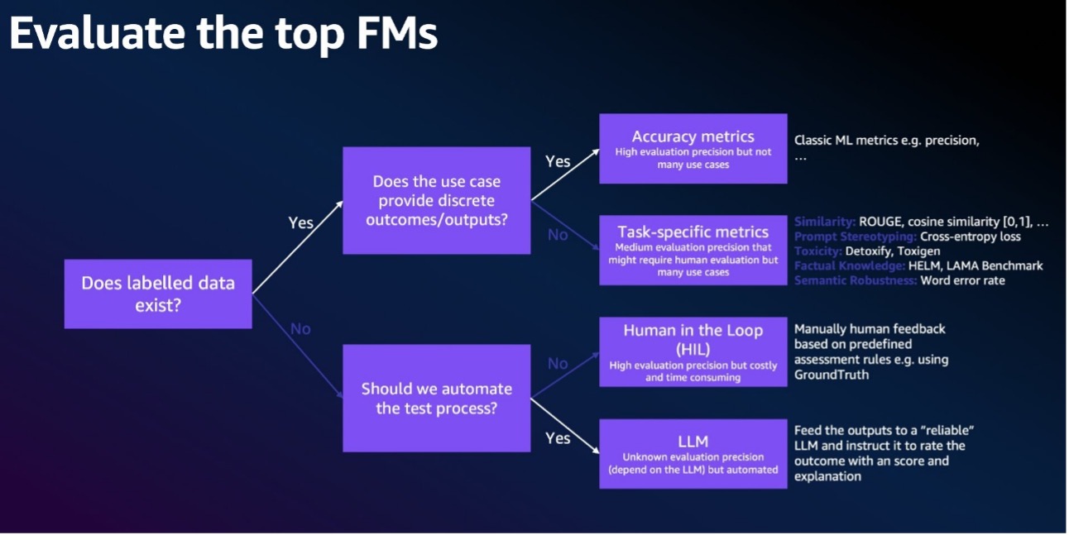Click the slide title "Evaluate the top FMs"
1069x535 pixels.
pyautogui.click(x=223, y=35)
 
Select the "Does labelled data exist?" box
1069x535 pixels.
pyautogui.click(x=158, y=294)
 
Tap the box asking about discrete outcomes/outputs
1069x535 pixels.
pyautogui.click(x=436, y=201)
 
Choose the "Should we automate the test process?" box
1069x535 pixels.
pyautogui.click(x=436, y=398)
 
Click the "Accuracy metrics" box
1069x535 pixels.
pyautogui.click(x=693, y=148)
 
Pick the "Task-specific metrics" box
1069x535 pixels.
pyautogui.click(x=693, y=250)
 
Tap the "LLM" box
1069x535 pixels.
pyautogui.click(x=693, y=453)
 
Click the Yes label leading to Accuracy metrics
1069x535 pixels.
pyautogui.click(x=558, y=161)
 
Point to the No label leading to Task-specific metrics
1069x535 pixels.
pyautogui.click(x=558, y=235)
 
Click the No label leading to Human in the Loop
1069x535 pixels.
pyautogui.click(x=558, y=364)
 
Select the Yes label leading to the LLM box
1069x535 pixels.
pyautogui.click(x=558, y=437)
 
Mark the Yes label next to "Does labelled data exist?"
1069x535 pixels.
pyautogui.click(x=301, y=222)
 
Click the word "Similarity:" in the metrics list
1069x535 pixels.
pyautogui.click(x=824, y=222)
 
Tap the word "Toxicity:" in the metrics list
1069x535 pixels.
pyautogui.click(x=817, y=251)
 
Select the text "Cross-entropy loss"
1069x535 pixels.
pyautogui.click(x=970, y=236)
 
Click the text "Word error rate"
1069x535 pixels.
pyautogui.click(x=963, y=280)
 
